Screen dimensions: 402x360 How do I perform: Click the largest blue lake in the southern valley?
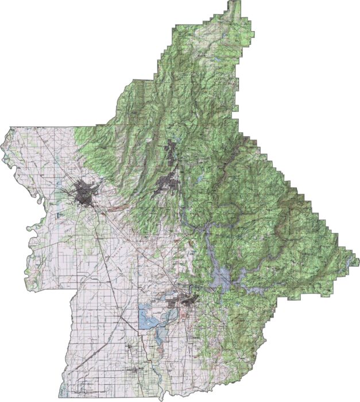click(146, 318)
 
